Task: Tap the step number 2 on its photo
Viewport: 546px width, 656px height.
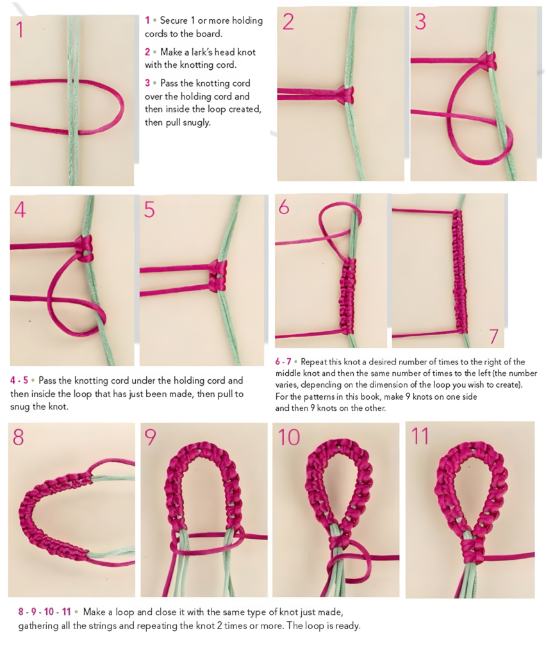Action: [x=288, y=22]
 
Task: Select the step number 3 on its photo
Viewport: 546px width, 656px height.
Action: [x=420, y=22]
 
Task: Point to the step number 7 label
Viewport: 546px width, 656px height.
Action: [x=493, y=336]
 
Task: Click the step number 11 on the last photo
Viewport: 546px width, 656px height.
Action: [x=420, y=436]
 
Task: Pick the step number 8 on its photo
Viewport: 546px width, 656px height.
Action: [x=19, y=437]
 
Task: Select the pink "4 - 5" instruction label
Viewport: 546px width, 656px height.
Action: [x=21, y=380]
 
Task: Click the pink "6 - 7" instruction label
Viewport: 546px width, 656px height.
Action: [x=286, y=361]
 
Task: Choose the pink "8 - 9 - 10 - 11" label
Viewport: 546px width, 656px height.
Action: [x=44, y=612]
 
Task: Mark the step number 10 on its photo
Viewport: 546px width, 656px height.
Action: [x=289, y=437]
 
